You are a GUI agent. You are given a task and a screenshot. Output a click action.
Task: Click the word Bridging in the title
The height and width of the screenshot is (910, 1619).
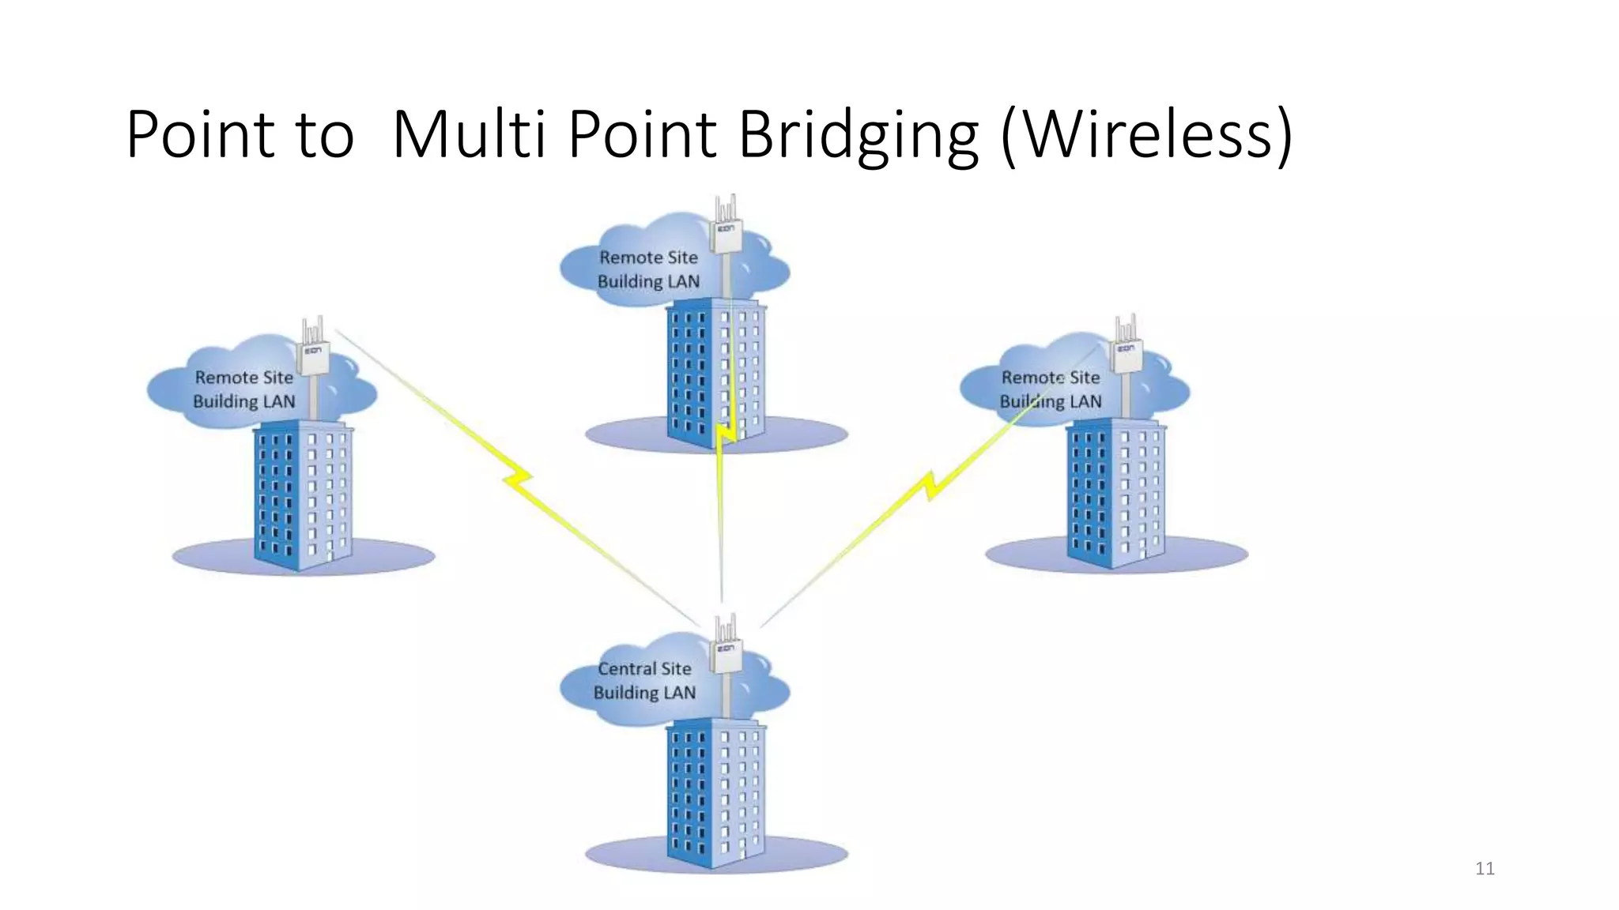858,136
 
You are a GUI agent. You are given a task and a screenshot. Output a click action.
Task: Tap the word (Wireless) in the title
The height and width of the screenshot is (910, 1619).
1146,136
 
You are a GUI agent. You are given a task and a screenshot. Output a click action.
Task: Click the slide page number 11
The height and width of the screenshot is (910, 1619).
1485,869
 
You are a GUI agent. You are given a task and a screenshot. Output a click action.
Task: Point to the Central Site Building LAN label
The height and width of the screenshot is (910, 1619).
644,681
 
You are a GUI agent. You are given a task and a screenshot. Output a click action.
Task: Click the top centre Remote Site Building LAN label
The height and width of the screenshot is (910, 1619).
648,269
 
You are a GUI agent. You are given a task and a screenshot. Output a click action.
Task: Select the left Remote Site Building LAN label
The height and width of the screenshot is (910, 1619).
243,389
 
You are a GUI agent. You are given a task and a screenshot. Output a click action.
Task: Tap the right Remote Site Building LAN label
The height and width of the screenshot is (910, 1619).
1050,389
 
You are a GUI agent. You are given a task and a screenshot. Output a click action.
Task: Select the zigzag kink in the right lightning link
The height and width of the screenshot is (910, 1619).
933,483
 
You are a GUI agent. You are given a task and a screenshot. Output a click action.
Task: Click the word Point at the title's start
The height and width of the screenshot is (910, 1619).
199,136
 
